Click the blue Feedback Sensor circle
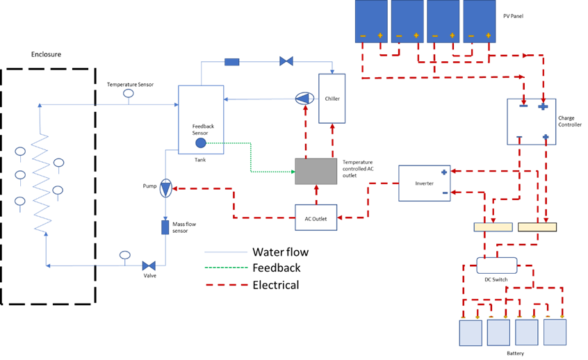point(201,142)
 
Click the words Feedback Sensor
point(203,129)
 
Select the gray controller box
point(316,171)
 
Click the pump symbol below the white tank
point(165,188)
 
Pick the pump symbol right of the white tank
point(304,99)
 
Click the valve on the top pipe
point(286,61)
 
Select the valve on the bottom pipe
point(149,265)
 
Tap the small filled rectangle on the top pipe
point(232,62)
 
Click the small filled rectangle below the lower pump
point(165,227)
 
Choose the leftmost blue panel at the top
point(371,21)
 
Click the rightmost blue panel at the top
point(480,21)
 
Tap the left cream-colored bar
point(493,227)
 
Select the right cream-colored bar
point(537,227)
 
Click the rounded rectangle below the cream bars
point(497,265)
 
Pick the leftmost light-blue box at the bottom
point(471,333)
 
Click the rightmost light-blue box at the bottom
point(555,332)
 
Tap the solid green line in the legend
point(226,268)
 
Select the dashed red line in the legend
point(227,284)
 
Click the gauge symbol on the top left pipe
point(129,94)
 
